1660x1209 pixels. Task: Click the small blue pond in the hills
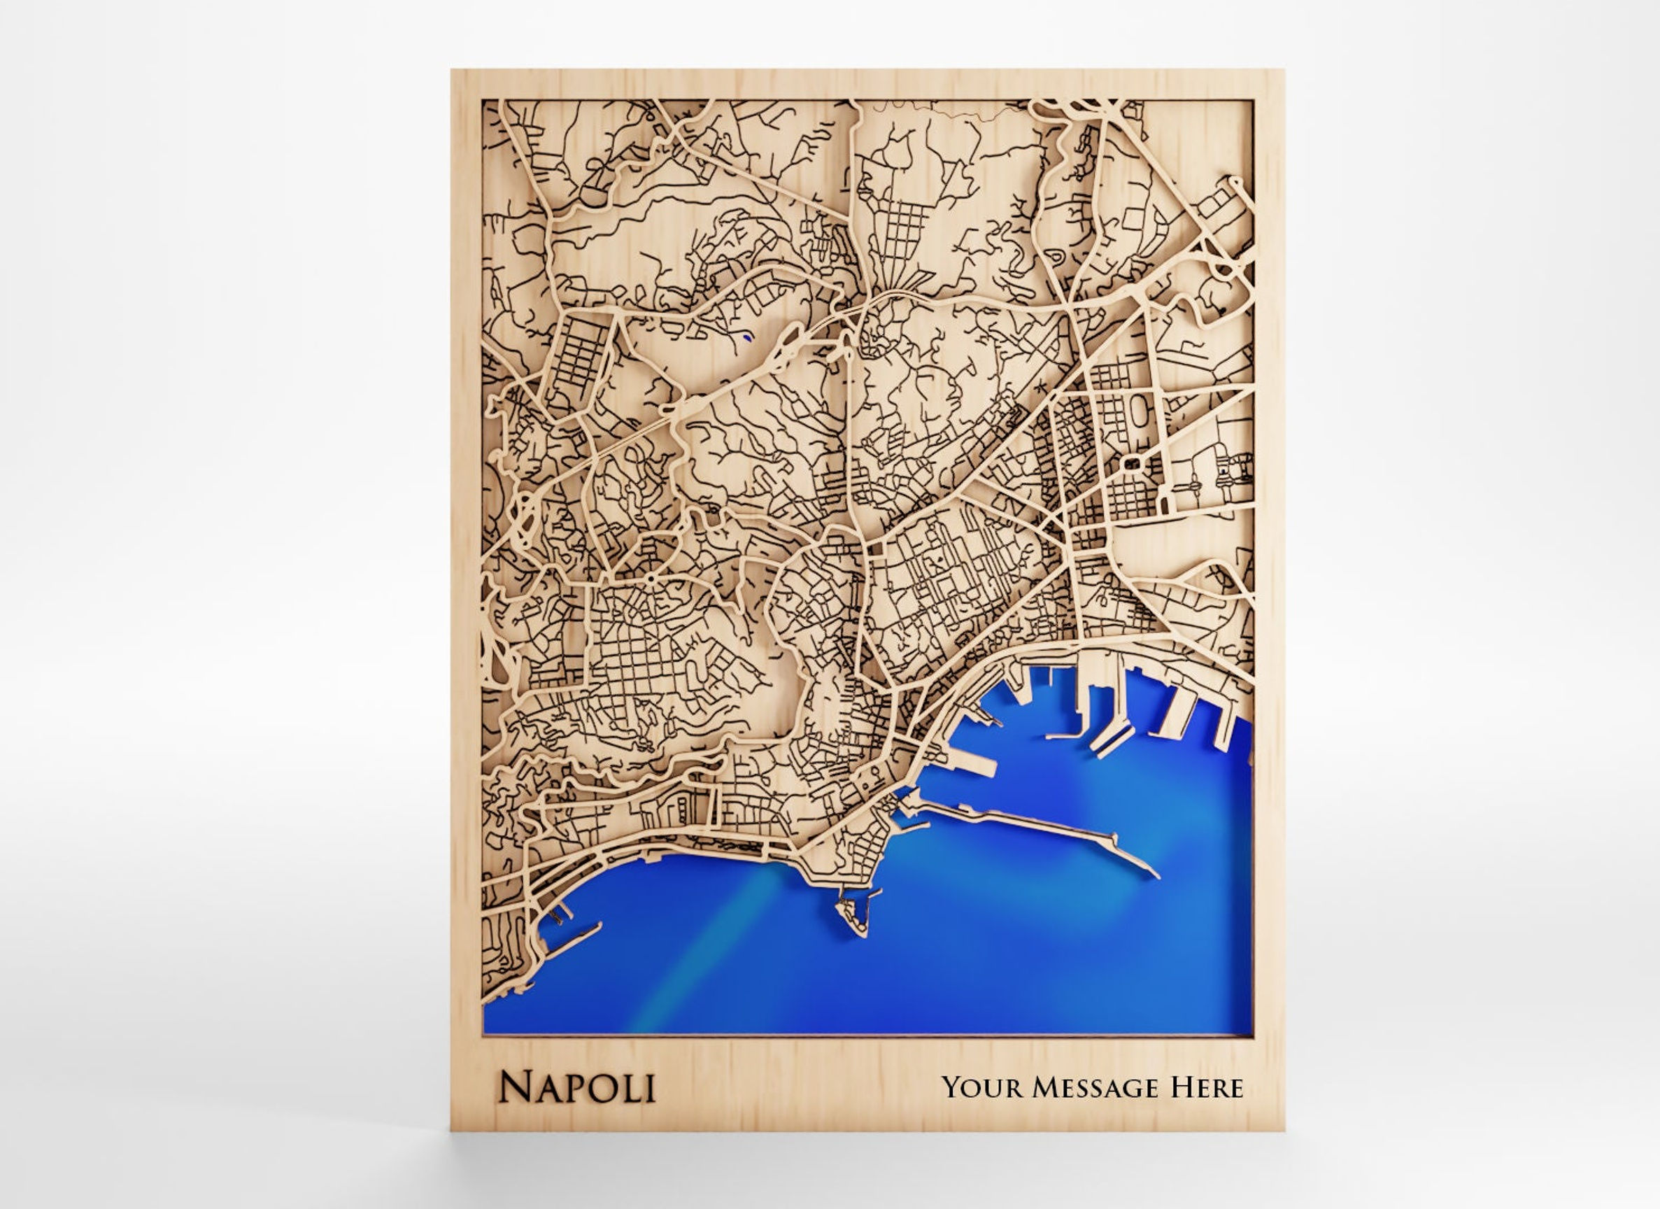(x=746, y=337)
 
